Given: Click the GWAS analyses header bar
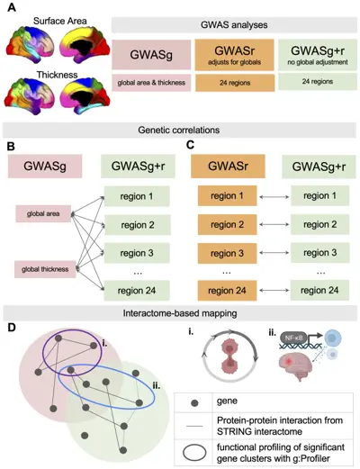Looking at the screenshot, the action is (x=234, y=24).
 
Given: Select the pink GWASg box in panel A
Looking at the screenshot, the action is (x=151, y=55).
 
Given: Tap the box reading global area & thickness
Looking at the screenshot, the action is (x=151, y=83).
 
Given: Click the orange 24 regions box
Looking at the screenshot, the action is (x=235, y=83).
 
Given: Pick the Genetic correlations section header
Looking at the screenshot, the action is (x=179, y=130).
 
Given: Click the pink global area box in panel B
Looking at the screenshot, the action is (x=43, y=213).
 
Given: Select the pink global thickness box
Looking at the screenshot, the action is (x=45, y=269).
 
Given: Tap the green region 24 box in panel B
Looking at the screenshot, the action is (x=137, y=291).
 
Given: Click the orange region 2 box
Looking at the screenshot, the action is (x=227, y=224).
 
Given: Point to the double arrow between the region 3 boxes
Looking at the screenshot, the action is (x=274, y=253).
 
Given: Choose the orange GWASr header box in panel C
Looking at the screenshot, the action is (x=228, y=167).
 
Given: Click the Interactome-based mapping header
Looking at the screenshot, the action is (x=180, y=313).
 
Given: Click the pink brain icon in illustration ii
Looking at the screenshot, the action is (x=296, y=366).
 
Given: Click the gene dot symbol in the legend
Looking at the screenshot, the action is (x=194, y=403).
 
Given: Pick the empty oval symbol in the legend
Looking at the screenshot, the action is (x=194, y=453).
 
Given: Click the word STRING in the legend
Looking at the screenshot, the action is (x=234, y=431).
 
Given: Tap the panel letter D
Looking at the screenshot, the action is (x=12, y=328).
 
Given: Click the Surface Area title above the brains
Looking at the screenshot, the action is (x=60, y=21).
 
